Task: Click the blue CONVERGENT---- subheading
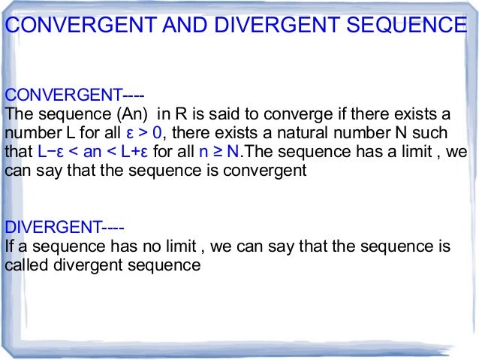tap(74, 95)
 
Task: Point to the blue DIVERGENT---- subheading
tap(65, 226)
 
